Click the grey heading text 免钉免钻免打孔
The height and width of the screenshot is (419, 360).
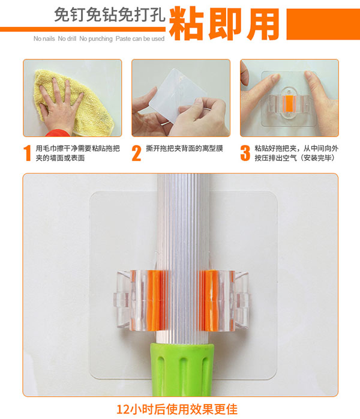pos(109,14)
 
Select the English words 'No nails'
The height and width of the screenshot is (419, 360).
pos(44,39)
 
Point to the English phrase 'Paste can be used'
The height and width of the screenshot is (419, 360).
pos(140,39)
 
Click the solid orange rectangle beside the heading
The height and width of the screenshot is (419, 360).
pos(323,25)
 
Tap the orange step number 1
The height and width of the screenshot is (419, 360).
pos(27,153)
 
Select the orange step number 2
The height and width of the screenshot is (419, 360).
pos(136,153)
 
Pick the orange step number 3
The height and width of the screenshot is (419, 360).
pos(245,153)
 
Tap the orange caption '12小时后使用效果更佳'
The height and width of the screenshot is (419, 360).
pos(177,409)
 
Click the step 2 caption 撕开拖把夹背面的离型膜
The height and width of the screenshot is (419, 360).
pos(184,149)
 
